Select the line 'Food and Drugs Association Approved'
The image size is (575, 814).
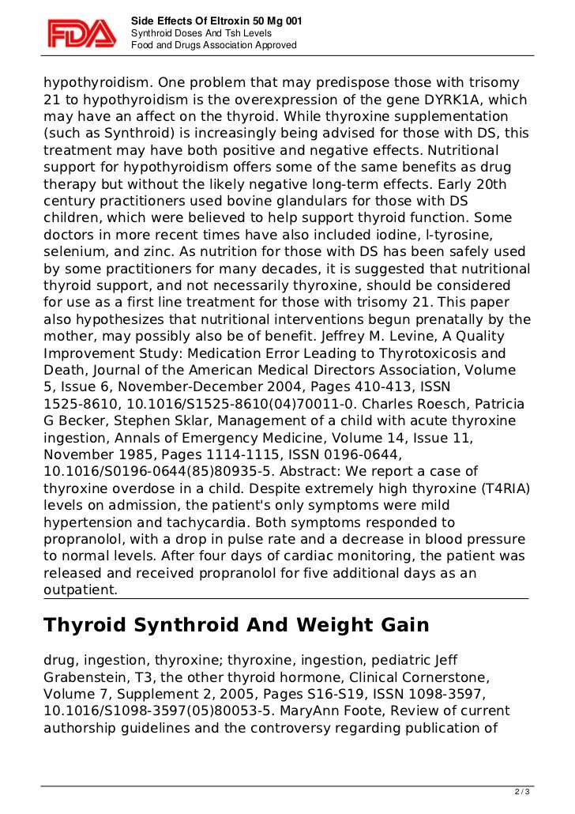213,46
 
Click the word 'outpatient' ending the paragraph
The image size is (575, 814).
80,590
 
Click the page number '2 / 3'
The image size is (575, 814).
521,790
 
